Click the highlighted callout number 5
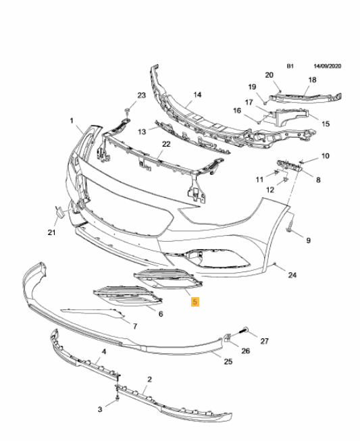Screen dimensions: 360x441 (x=195, y=302)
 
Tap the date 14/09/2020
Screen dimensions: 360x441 (x=328, y=66)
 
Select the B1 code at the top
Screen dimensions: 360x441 (x=290, y=66)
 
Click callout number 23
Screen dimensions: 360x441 (x=141, y=95)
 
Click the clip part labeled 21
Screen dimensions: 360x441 (x=59, y=212)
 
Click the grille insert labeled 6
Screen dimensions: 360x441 (x=128, y=296)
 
